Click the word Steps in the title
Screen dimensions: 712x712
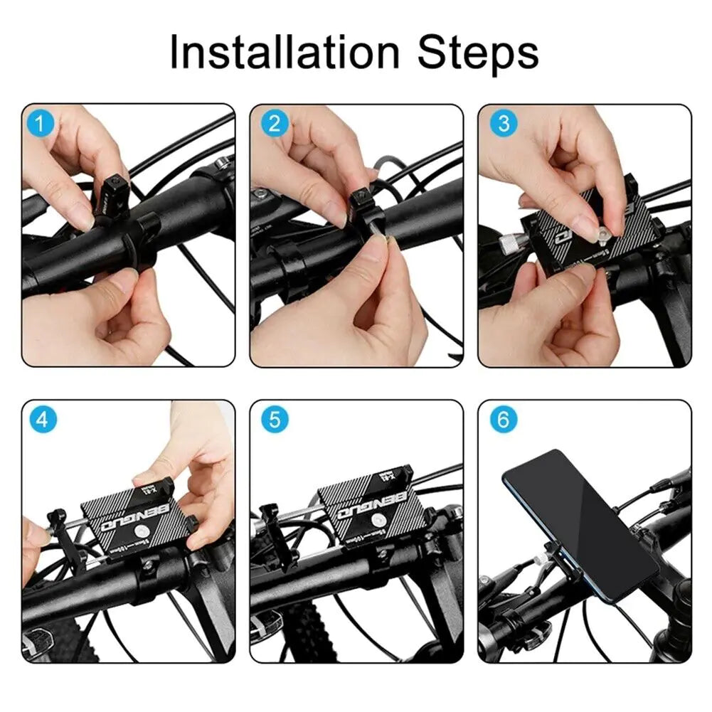pos(478,52)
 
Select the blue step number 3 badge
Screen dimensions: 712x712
pos(504,124)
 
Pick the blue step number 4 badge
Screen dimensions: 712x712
pos(42,420)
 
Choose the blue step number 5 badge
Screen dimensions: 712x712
pos(275,420)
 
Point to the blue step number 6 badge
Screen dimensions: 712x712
pos(504,420)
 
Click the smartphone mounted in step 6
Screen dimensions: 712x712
pos(580,522)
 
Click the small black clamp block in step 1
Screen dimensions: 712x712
pos(115,191)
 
